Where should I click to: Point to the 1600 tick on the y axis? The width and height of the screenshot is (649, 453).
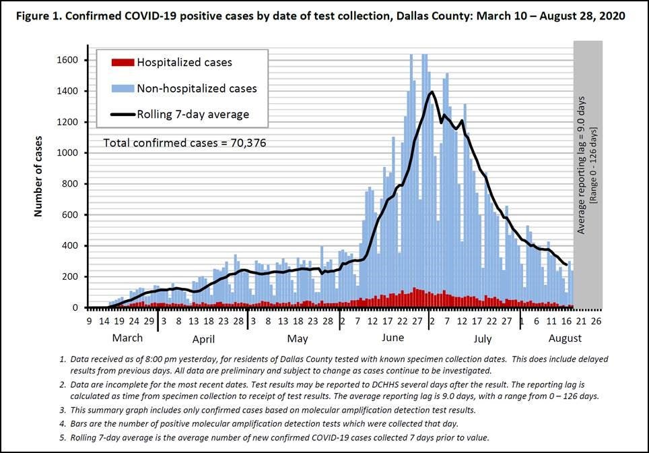[x=69, y=60]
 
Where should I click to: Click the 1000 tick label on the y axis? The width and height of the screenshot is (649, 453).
[x=69, y=153]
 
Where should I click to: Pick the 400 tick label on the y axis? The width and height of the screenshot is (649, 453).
[x=72, y=246]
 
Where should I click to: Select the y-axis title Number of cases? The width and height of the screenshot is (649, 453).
[x=38, y=176]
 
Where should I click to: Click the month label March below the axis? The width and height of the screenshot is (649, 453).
[x=127, y=338]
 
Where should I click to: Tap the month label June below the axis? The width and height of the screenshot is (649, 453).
[x=392, y=338]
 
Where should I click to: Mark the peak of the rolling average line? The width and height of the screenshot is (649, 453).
[x=431, y=92]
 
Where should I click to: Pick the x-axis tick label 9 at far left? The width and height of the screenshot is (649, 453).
[x=89, y=322]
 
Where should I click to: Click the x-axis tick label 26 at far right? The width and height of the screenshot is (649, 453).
[x=596, y=322]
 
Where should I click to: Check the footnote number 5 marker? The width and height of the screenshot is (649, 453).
[x=62, y=437]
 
